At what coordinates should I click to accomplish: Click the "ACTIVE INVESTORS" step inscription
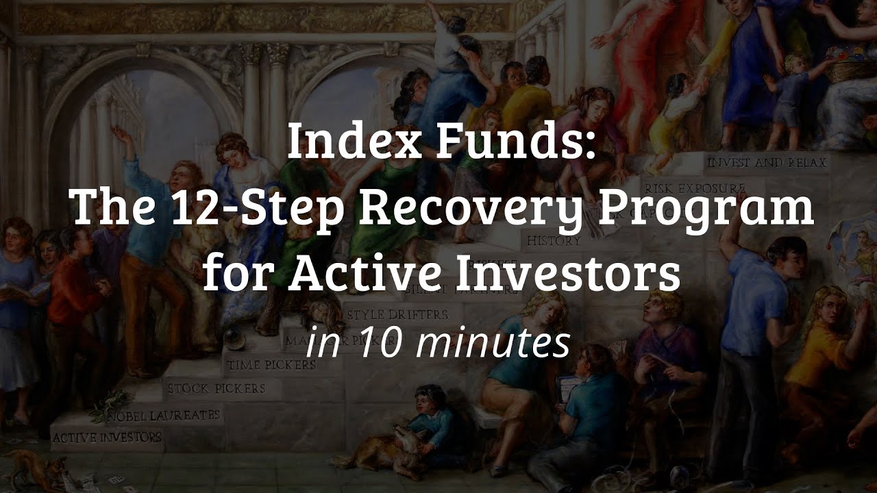(x=107, y=436)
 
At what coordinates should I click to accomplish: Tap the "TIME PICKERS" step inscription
(x=271, y=365)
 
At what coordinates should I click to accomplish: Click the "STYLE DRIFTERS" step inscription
(x=397, y=315)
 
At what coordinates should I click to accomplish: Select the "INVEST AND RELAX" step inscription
(x=766, y=163)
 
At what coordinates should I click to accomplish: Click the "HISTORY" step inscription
(x=554, y=241)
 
